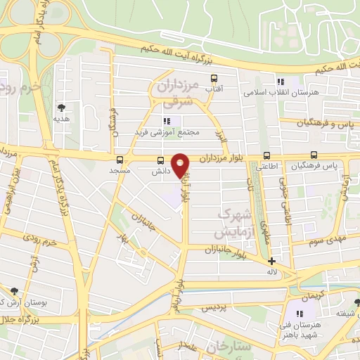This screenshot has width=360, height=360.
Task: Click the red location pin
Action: (181, 165)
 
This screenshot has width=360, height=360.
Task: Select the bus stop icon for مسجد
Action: (120, 160)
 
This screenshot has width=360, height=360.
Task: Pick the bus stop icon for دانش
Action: (160, 160)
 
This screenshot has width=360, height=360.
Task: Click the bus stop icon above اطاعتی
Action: (266, 155)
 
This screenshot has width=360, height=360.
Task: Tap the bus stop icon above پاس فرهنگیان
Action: (314, 155)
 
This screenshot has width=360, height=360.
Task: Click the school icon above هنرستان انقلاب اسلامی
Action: (281, 81)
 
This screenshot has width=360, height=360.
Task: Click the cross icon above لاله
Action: (271, 261)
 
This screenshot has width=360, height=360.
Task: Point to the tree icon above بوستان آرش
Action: (14, 290)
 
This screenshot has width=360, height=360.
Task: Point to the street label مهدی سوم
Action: (325, 240)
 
